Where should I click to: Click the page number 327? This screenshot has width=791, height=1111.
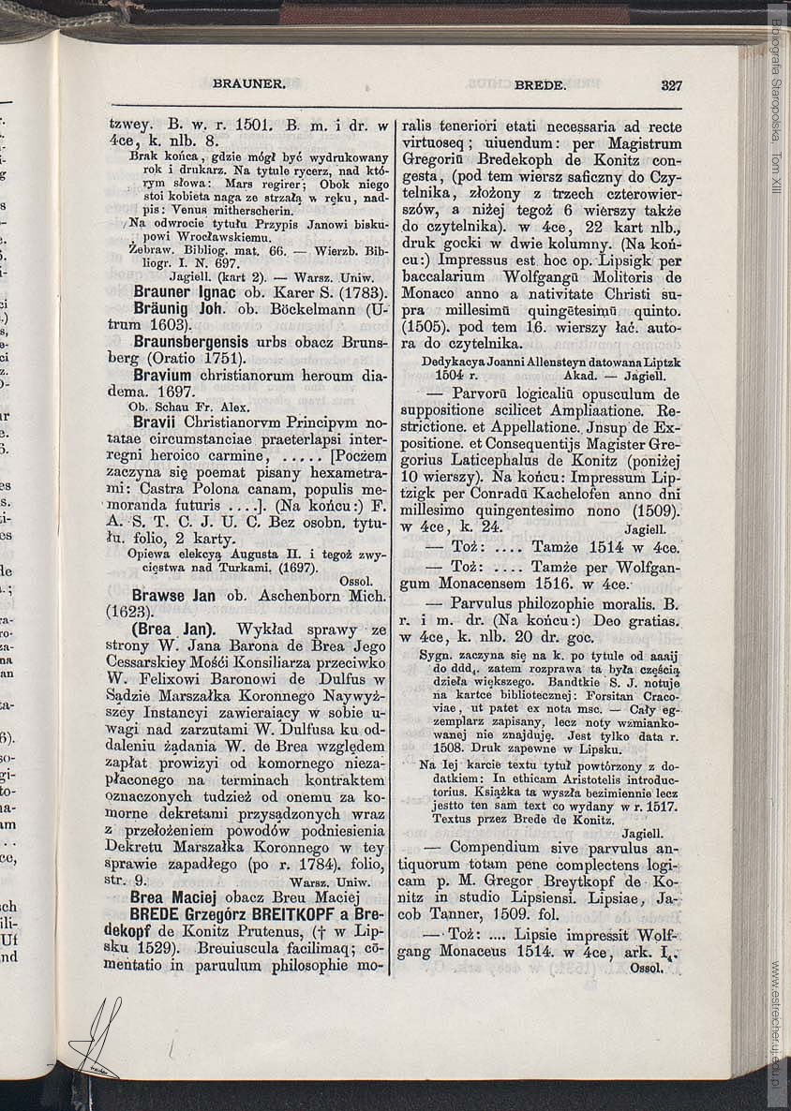tap(671, 84)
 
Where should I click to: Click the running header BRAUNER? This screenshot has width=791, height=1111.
tap(248, 83)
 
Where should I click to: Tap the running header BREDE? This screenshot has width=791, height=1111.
tap(540, 84)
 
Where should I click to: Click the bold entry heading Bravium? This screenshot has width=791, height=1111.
tap(160, 376)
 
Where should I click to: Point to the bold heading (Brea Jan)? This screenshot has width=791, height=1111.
tap(176, 629)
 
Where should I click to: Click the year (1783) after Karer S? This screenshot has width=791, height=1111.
tap(358, 291)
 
